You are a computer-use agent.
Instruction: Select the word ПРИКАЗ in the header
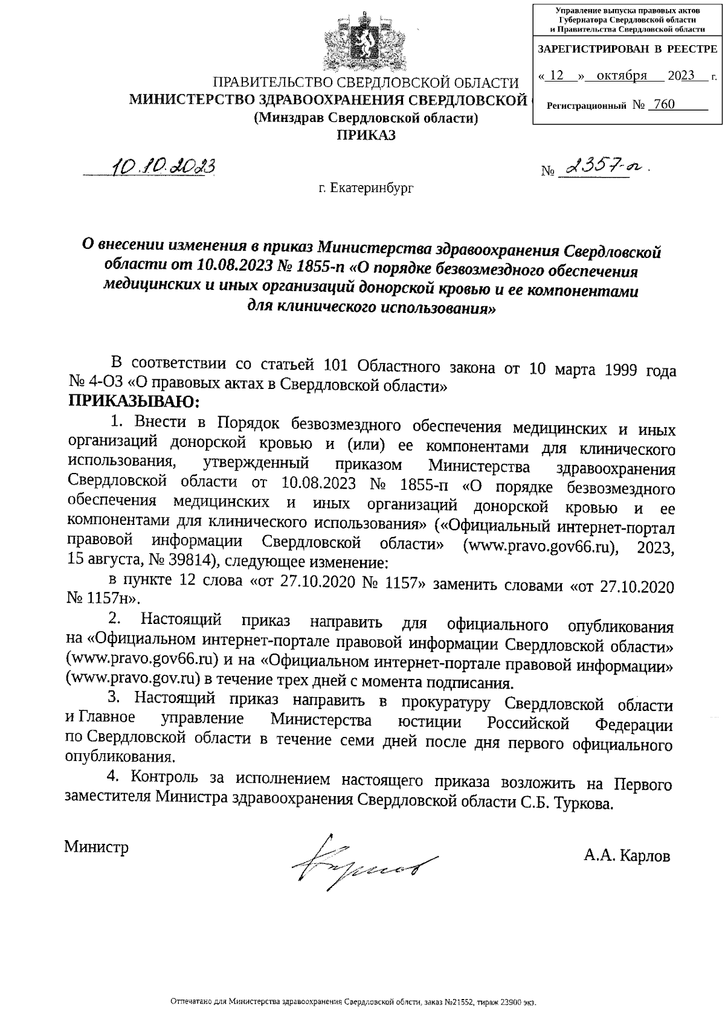click(x=366, y=135)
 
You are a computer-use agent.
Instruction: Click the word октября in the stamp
click(x=622, y=76)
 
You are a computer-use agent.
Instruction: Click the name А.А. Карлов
click(x=627, y=856)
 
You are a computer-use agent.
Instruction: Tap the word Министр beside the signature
click(x=97, y=847)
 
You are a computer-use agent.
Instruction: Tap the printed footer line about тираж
click(x=354, y=1002)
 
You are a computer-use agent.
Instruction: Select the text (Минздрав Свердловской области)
click(x=366, y=118)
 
